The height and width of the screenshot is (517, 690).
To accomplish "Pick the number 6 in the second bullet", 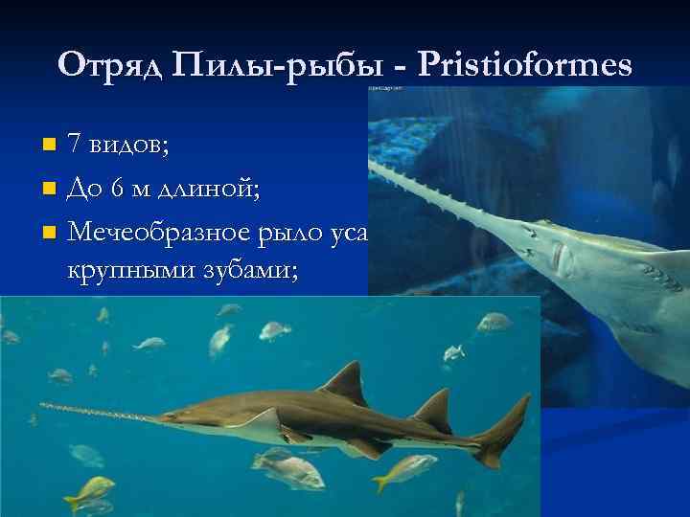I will pyautogui.click(x=116, y=187).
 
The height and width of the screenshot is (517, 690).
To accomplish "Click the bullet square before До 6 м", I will pyautogui.click(x=50, y=188).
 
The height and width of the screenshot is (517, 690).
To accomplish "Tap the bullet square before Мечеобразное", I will pyautogui.click(x=50, y=231).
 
